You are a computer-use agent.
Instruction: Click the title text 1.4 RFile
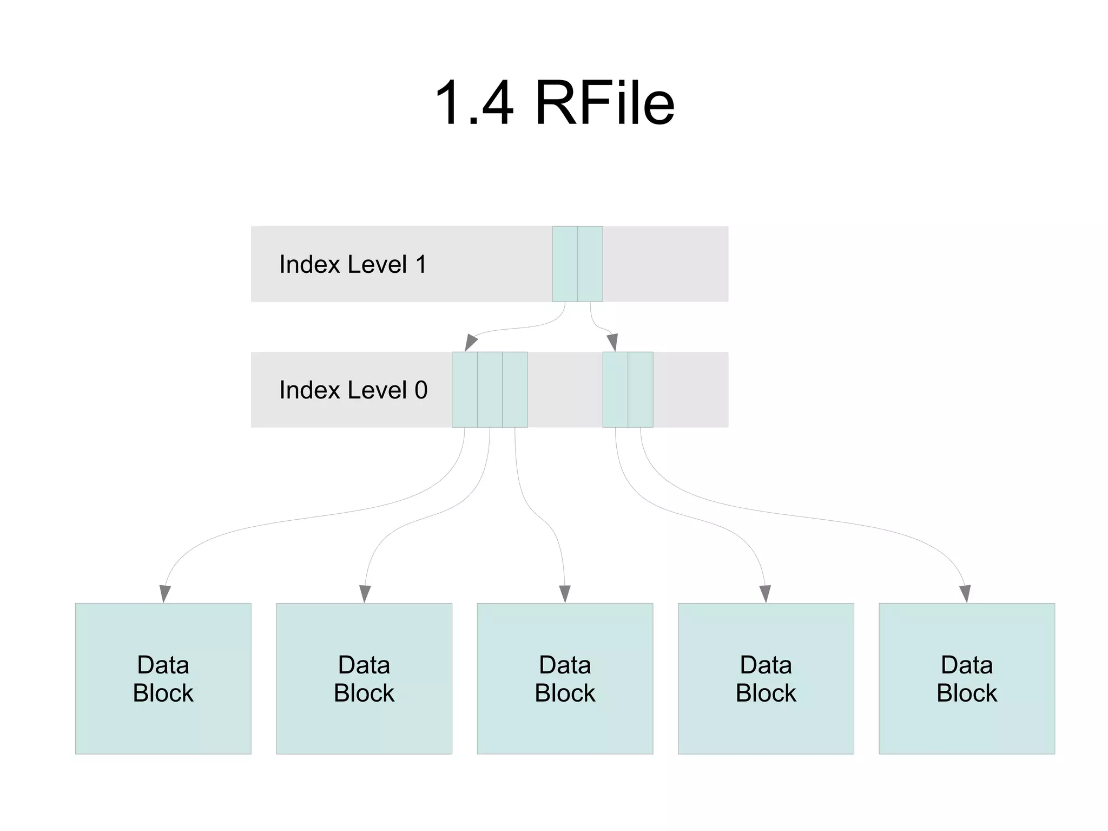tap(554, 103)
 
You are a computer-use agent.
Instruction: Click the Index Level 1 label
tap(353, 265)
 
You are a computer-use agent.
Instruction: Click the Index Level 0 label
tap(353, 390)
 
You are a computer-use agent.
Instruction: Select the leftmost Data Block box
tap(163, 678)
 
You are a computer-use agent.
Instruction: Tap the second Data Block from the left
tap(364, 678)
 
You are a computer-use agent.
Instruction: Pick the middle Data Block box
tap(565, 678)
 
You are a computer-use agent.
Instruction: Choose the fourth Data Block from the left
tap(766, 678)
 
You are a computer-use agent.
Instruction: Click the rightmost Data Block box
tap(967, 678)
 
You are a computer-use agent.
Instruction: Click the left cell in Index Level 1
tap(565, 264)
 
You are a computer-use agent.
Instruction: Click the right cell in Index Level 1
tap(590, 264)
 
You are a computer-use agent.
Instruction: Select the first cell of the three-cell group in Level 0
tap(464, 390)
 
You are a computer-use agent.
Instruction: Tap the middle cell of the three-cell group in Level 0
tap(490, 390)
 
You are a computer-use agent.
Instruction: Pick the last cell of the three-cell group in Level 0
tap(515, 390)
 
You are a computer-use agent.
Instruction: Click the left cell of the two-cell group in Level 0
tap(615, 390)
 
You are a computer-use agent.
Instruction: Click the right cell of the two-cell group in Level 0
tap(641, 390)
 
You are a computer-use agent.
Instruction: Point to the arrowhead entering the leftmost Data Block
tap(164, 594)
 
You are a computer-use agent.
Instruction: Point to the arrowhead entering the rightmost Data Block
tap(965, 594)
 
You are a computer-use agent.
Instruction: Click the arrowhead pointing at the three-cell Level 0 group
tap(470, 343)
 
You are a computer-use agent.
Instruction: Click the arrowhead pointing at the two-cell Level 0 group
tap(612, 343)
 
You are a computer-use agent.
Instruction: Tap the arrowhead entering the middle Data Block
tap(565, 594)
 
